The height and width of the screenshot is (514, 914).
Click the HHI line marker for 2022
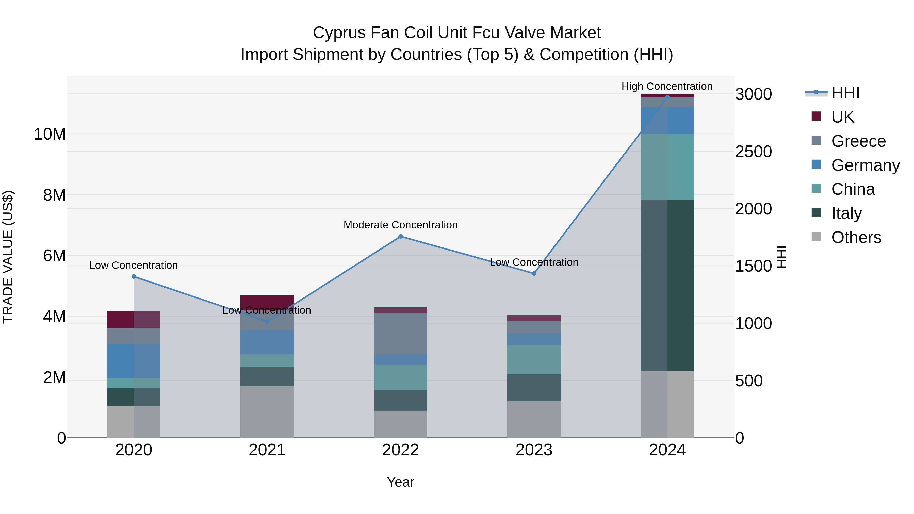pos(401,236)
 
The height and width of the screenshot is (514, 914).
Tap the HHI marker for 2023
pos(534,273)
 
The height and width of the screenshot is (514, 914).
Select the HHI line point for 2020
pos(134,277)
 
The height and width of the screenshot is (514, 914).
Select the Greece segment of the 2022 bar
pos(401,334)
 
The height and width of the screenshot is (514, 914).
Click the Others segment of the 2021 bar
pos(267,411)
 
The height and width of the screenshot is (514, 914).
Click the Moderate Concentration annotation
pos(401,225)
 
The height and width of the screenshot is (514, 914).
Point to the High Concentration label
pos(667,86)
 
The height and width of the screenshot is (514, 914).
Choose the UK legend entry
pos(843,117)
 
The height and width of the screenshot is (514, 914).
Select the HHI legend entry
pos(845,93)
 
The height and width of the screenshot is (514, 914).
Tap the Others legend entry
pos(856,237)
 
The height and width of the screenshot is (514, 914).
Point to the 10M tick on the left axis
pos(50,134)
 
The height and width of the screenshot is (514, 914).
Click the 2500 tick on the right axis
pos(753,152)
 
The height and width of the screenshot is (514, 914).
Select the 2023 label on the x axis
pos(534,450)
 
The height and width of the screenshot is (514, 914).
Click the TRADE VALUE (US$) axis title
pos(8,257)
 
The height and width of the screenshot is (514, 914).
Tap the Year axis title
pos(401,482)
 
